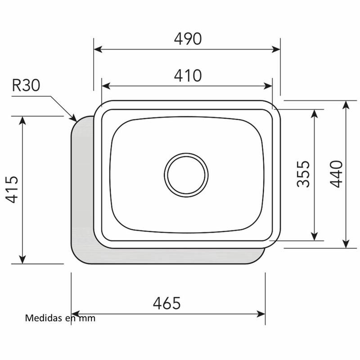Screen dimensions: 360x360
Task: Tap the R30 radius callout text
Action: click(x=26, y=85)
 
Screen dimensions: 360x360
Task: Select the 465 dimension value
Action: click(x=166, y=303)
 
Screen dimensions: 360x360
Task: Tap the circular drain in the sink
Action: click(x=186, y=175)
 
